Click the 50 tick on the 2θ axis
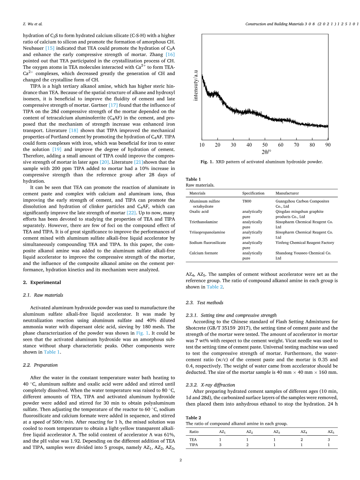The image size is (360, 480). tap(265, 145)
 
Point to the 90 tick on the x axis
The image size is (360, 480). tap(328, 145)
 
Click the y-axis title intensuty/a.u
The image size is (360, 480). tap(196, 85)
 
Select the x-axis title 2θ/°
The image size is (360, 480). tap(266, 152)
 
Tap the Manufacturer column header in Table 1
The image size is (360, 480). tap(287, 193)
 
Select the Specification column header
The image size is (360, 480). tap(253, 193)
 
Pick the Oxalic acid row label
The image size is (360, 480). tap(199, 212)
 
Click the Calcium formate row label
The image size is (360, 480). tap(204, 253)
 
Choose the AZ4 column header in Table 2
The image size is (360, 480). tap(304, 432)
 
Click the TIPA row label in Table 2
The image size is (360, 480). tap(193, 445)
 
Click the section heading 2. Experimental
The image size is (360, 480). tap(42, 282)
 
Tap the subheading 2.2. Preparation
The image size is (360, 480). tap(40, 365)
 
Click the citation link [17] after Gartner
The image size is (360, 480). tap(113, 105)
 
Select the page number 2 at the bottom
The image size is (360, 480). tap(181, 460)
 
